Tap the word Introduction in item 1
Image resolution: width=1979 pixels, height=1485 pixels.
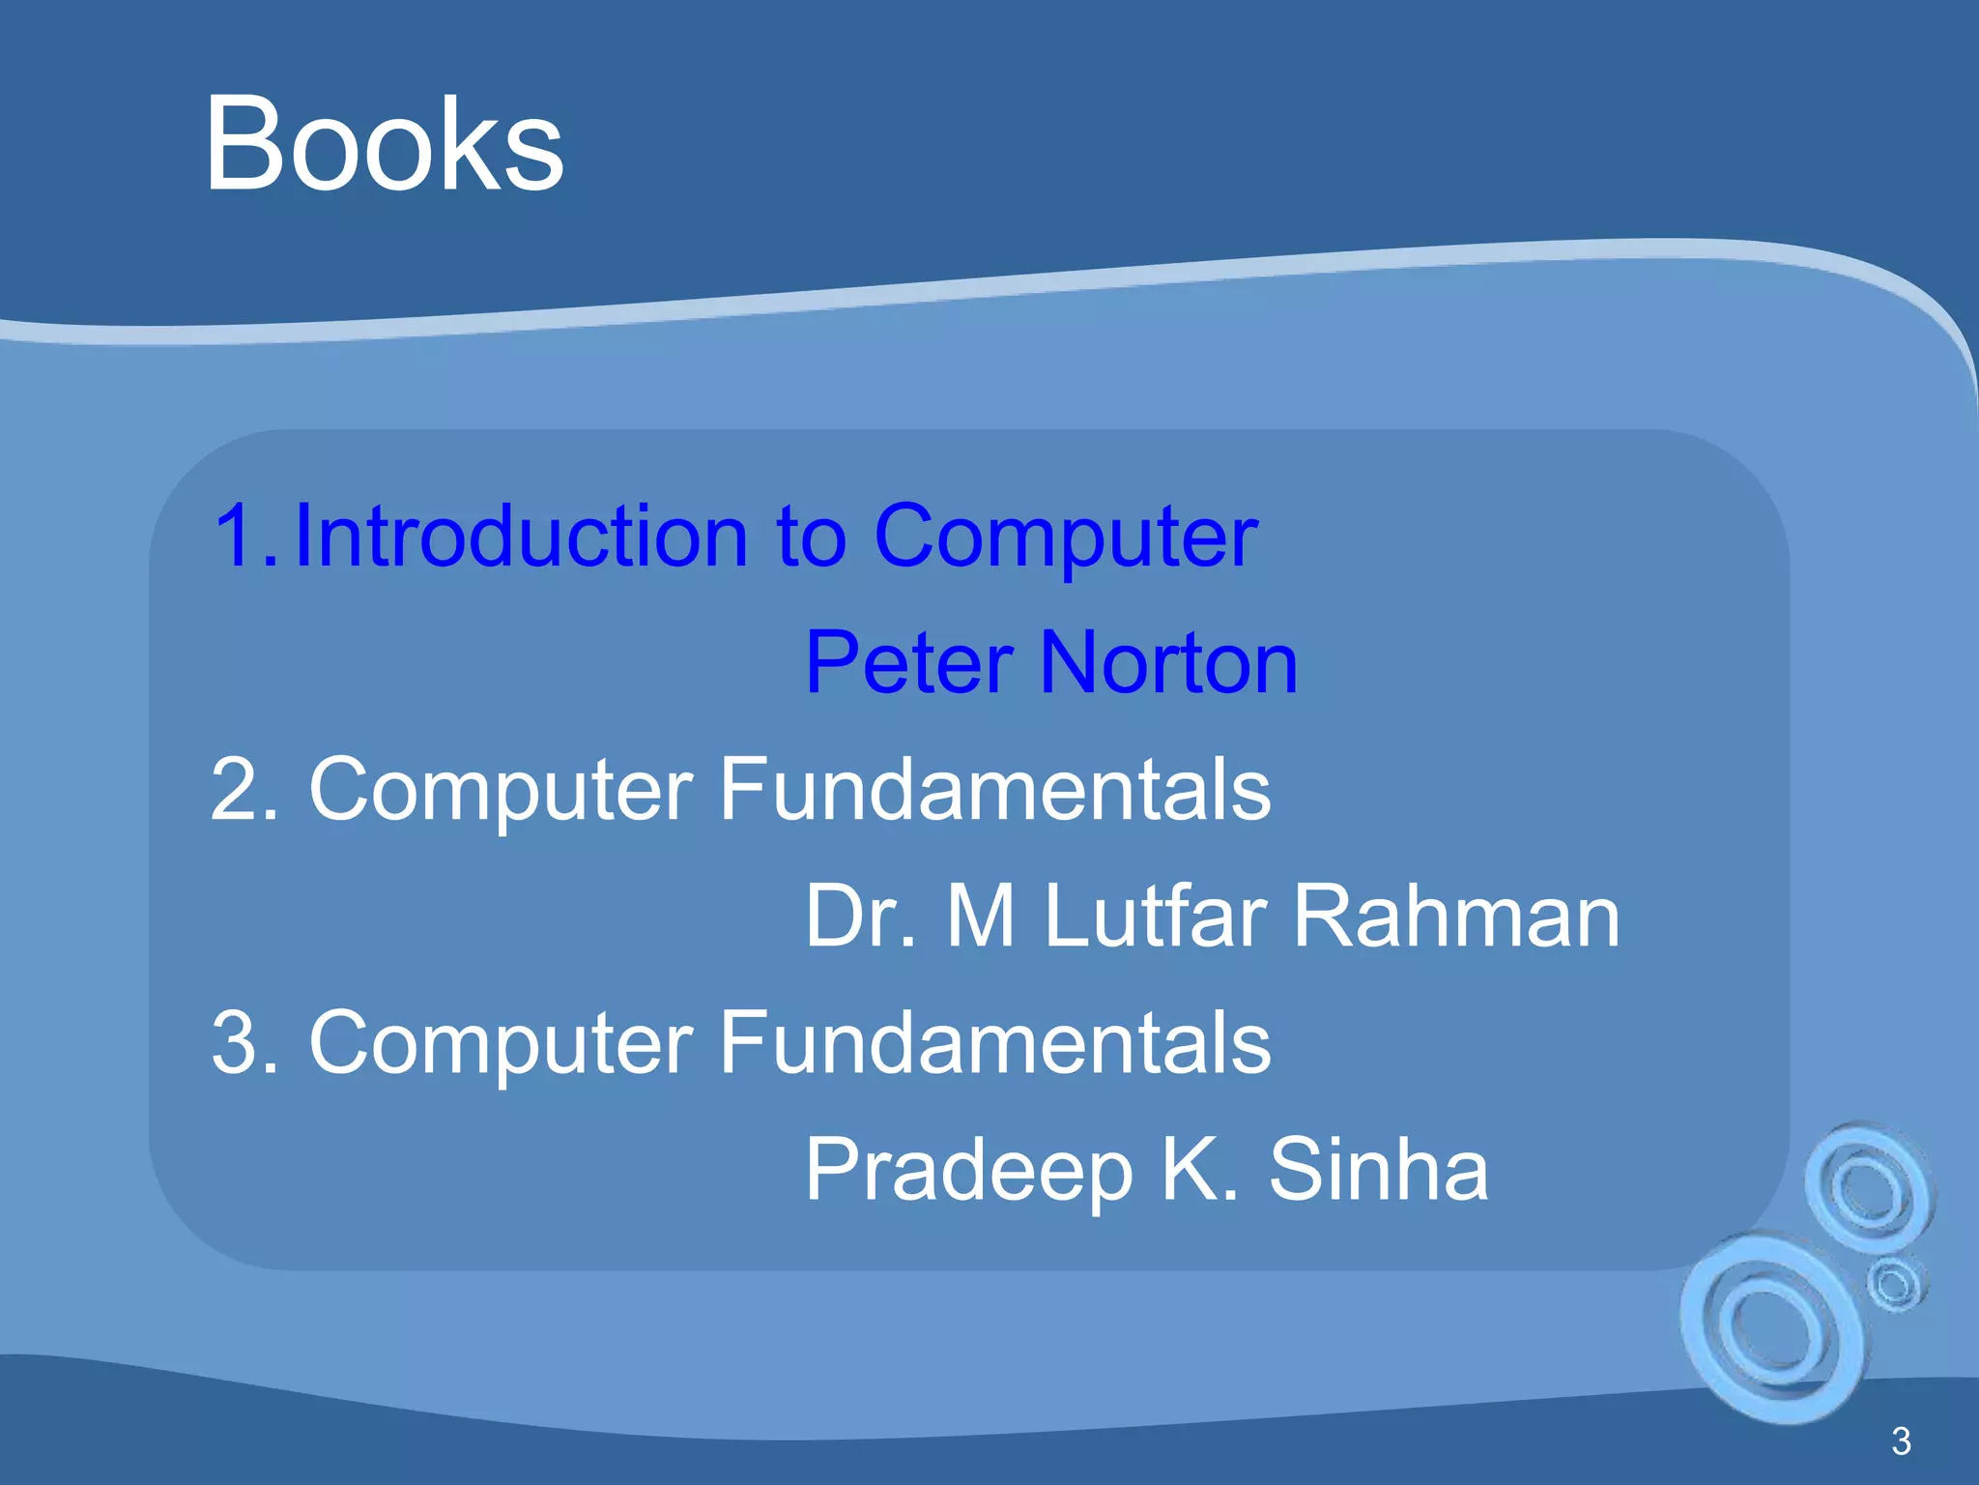521,537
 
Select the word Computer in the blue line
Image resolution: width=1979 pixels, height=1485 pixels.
1065,539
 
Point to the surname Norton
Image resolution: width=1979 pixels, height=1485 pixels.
1169,663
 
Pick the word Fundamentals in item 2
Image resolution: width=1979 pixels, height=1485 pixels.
994,790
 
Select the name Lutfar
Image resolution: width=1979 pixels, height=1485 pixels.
1154,917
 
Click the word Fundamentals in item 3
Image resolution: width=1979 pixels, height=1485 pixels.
994,1042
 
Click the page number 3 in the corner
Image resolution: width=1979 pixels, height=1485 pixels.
1900,1441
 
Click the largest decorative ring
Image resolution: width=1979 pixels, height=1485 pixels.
1770,1327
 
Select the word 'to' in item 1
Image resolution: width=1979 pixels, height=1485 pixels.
811,539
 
